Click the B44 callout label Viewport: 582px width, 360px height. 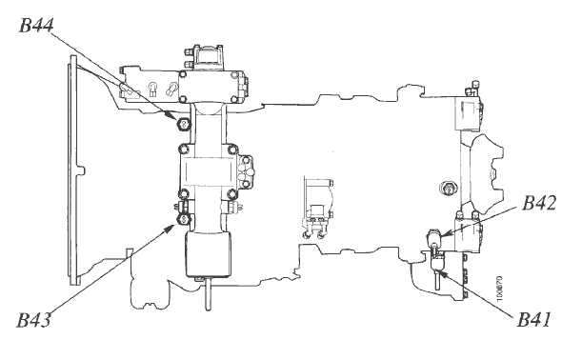[36, 26]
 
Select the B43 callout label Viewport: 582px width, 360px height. [33, 320]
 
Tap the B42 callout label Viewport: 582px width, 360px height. [539, 203]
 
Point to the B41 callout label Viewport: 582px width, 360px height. [533, 320]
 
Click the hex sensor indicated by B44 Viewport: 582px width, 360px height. [183, 123]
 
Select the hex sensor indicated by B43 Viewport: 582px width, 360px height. [183, 219]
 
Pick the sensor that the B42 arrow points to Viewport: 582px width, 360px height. [434, 236]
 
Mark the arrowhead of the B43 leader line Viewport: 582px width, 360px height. [171, 227]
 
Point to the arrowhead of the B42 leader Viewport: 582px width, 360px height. [446, 234]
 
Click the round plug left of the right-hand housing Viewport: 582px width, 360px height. [448, 188]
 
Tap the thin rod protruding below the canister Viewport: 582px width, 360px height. [208, 294]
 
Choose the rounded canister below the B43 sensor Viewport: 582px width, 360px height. [209, 254]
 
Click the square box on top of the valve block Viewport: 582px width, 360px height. [208, 57]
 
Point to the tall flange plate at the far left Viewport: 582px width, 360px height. [74, 170]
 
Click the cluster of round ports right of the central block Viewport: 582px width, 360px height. [247, 171]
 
